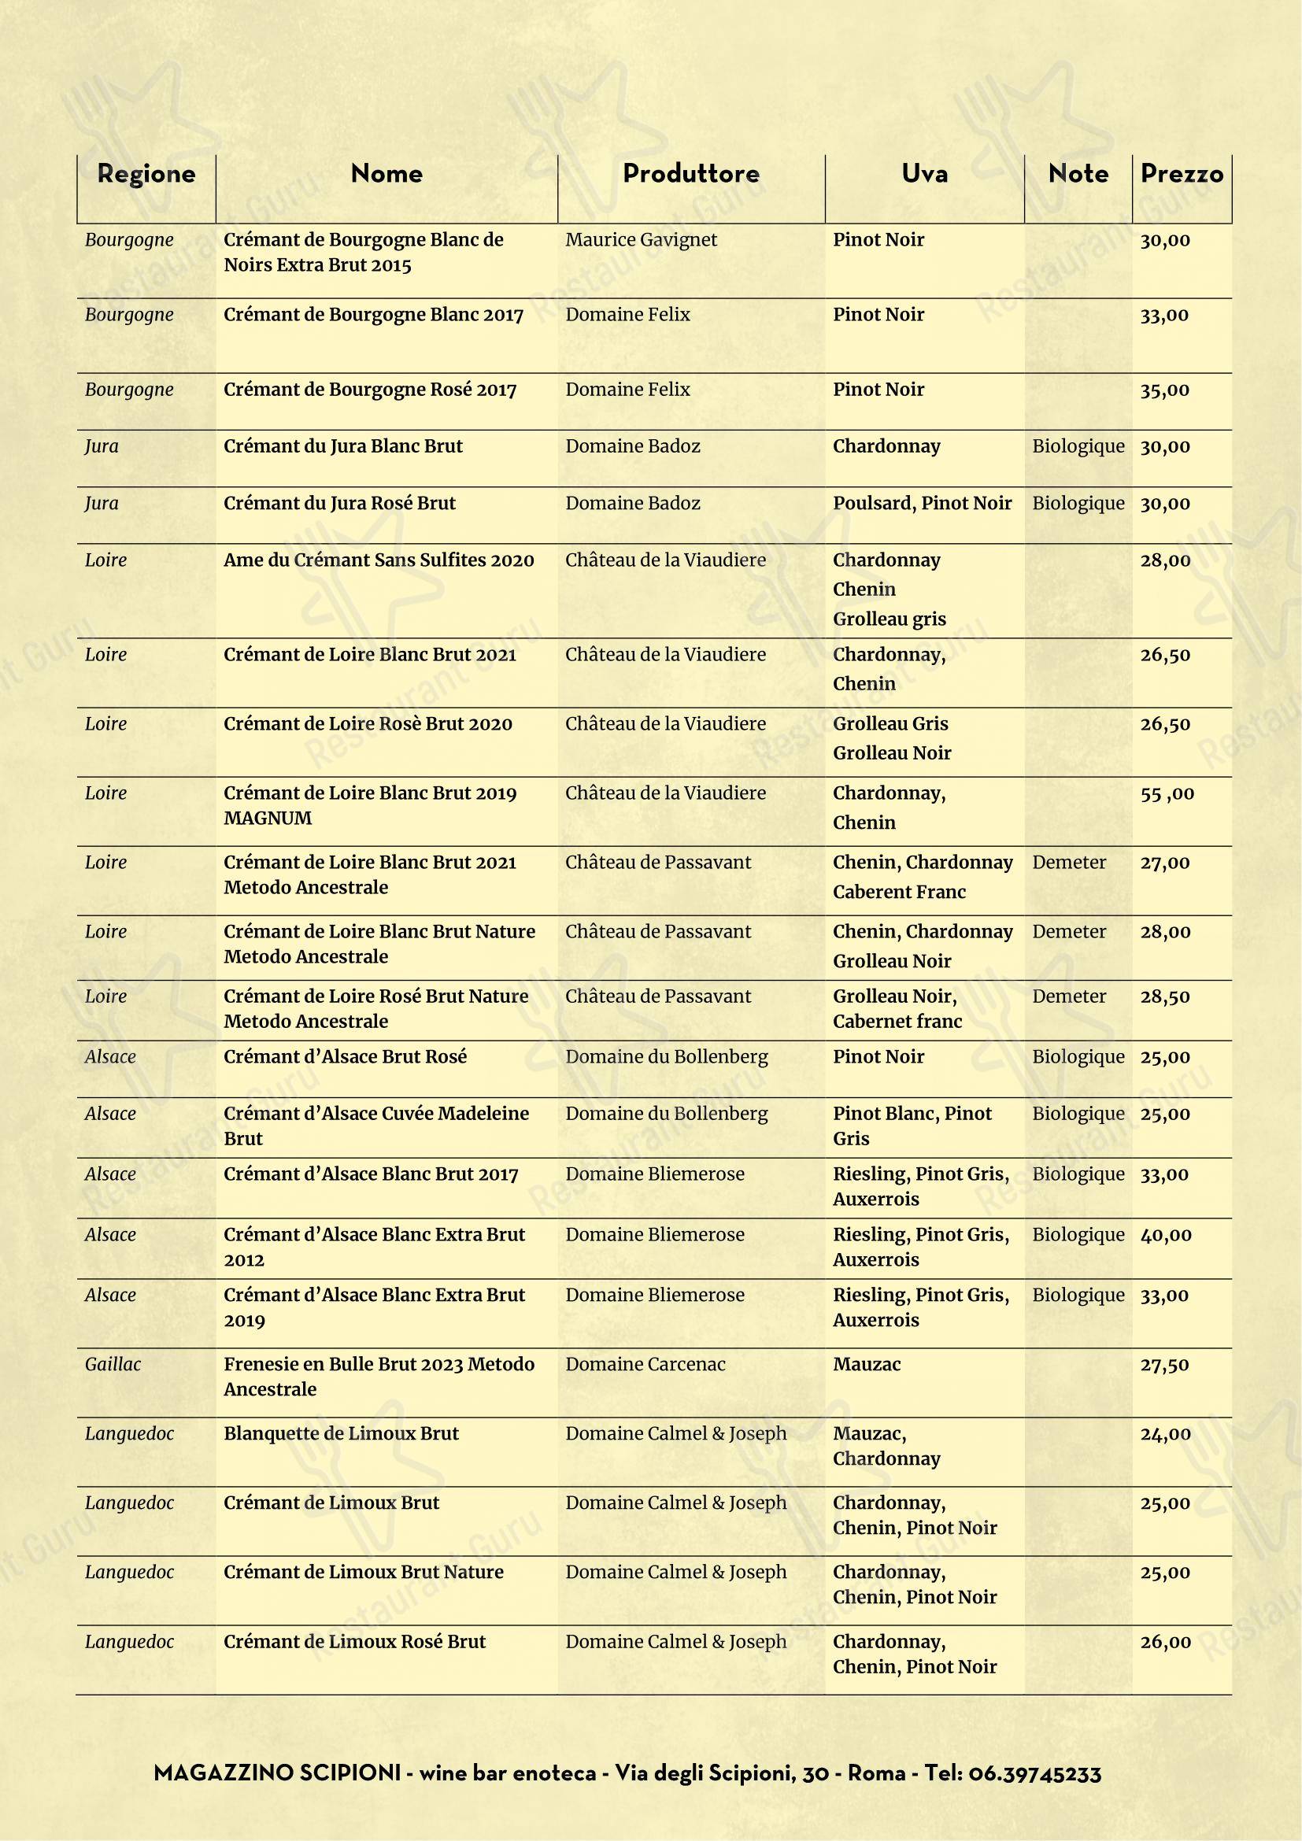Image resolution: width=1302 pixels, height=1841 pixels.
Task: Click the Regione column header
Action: coord(146,174)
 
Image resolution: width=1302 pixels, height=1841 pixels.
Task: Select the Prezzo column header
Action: coord(1181,174)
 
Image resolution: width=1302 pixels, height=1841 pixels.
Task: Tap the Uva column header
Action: coord(923,174)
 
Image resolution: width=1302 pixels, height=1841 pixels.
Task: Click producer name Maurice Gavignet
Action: coord(641,240)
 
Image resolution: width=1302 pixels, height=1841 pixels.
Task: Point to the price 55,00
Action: coord(1167,794)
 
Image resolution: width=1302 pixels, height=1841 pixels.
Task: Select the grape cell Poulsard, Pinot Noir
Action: coord(922,504)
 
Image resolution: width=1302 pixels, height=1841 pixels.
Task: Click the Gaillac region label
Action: coord(113,1365)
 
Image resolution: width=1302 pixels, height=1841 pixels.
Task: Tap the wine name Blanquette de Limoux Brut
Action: coord(341,1433)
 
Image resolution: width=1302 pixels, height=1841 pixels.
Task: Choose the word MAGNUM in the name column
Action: coord(267,819)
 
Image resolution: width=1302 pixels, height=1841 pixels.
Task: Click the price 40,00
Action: coord(1165,1235)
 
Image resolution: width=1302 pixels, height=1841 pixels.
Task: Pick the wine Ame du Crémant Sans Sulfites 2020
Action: coord(379,560)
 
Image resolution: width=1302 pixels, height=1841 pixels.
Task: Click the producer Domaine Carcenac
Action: coord(645,1365)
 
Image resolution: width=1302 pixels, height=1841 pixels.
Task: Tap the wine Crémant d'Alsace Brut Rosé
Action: coord(345,1057)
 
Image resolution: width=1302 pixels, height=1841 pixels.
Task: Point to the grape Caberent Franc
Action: coord(899,893)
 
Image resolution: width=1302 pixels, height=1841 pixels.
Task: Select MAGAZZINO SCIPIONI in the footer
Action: coord(276,1774)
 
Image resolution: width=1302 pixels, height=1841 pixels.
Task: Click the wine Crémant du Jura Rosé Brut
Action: coord(339,504)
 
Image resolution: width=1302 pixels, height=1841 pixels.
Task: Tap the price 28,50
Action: coord(1165,996)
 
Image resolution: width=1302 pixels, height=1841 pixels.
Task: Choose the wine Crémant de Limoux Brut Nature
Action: coord(363,1573)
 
